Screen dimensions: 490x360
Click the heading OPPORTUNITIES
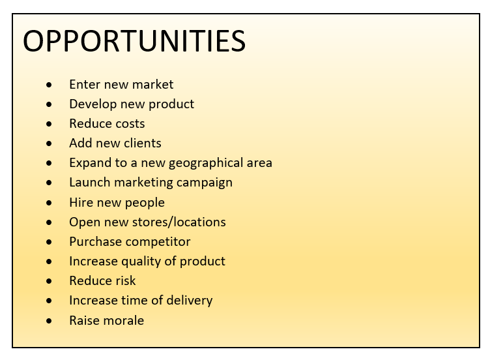(134, 41)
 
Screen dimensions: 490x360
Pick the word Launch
(90, 183)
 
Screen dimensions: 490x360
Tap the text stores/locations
(179, 222)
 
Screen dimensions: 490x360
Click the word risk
(124, 281)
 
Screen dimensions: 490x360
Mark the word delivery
(190, 301)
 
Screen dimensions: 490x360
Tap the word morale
(124, 321)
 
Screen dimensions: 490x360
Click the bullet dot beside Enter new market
(49, 84)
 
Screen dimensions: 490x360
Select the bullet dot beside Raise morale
(49, 321)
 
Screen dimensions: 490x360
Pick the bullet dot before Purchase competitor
(49, 242)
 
